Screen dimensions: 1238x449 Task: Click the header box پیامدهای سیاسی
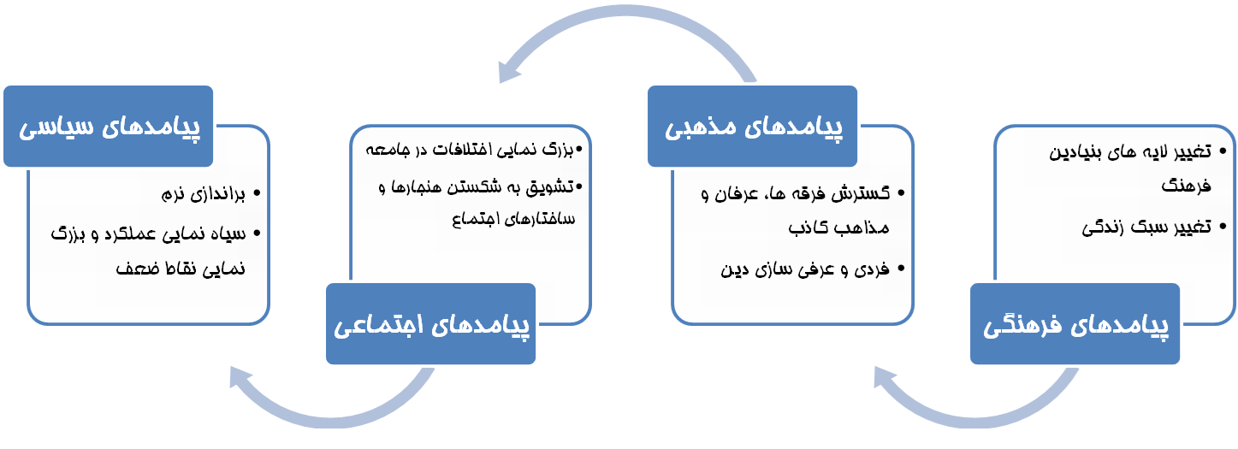point(109,126)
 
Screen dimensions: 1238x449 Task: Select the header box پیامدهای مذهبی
point(752,126)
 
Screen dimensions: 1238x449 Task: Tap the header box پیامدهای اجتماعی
point(430,323)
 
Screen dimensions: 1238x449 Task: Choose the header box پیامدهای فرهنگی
point(1075,323)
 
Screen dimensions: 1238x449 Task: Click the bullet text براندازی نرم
point(203,194)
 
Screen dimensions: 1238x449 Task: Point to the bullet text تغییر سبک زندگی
point(1146,227)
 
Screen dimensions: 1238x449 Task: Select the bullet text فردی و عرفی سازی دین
point(805,269)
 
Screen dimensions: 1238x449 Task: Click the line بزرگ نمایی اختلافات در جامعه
point(469,150)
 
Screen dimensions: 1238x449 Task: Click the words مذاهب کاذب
point(838,227)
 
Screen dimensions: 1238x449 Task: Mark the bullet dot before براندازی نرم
point(257,193)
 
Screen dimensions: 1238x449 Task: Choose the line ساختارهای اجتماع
point(513,219)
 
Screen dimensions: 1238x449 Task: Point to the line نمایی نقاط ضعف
point(181,269)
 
